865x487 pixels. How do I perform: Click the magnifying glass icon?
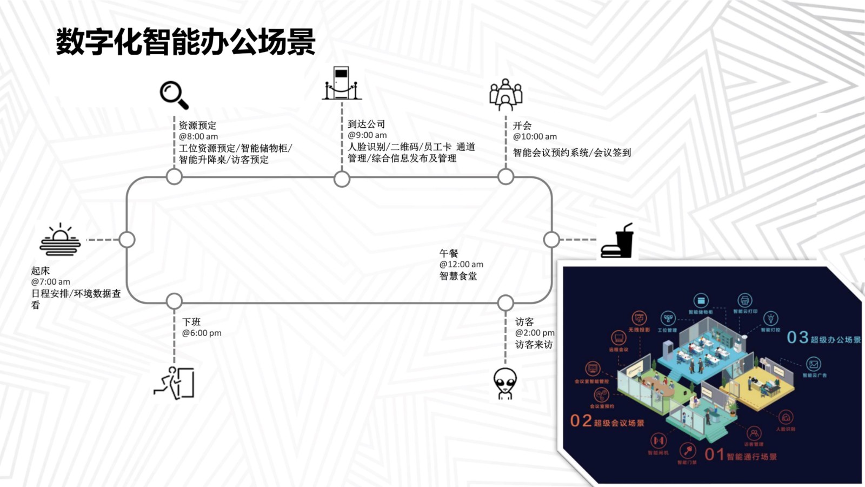[x=174, y=95]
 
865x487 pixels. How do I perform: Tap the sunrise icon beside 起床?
[x=60, y=240]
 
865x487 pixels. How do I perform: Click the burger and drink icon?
[x=618, y=241]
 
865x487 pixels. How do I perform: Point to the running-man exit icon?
[x=175, y=383]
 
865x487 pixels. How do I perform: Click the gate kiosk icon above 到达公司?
[x=342, y=84]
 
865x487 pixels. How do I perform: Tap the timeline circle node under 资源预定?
[x=174, y=176]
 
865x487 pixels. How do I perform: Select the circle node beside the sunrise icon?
[x=127, y=239]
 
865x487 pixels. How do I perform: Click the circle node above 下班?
[x=174, y=301]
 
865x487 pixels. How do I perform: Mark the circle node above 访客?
[x=505, y=302]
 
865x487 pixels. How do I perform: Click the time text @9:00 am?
[x=367, y=135]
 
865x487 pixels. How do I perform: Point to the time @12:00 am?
[x=461, y=265]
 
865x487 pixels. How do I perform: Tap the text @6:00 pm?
[x=202, y=333]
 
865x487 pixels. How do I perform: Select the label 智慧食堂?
[x=458, y=277]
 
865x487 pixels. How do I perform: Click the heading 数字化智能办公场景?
[x=186, y=42]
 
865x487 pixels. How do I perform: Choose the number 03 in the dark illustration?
[x=797, y=338]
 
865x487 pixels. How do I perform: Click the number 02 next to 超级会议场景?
[x=581, y=421]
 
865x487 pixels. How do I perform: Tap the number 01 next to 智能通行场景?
[x=714, y=455]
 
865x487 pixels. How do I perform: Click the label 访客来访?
[x=534, y=345]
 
